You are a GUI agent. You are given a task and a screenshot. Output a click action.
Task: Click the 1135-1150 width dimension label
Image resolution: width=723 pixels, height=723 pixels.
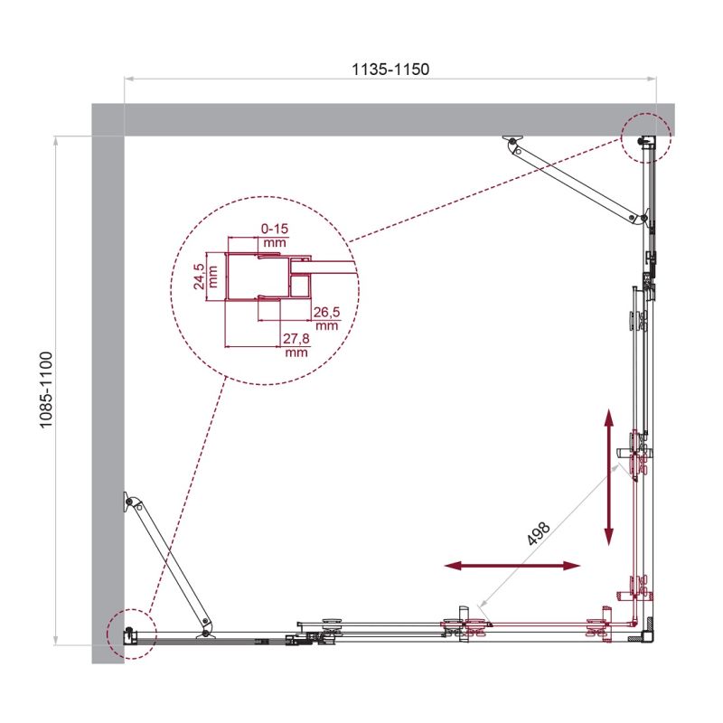point(390,69)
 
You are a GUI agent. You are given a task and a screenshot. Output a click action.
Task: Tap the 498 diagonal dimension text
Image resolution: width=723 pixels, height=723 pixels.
point(540,532)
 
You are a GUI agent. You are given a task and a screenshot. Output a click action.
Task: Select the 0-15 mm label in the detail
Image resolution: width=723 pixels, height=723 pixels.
point(274,236)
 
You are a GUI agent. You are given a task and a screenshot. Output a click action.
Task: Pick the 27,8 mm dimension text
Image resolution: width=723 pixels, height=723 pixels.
point(296,346)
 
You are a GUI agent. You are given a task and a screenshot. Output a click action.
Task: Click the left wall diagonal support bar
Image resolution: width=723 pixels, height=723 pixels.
point(171,562)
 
